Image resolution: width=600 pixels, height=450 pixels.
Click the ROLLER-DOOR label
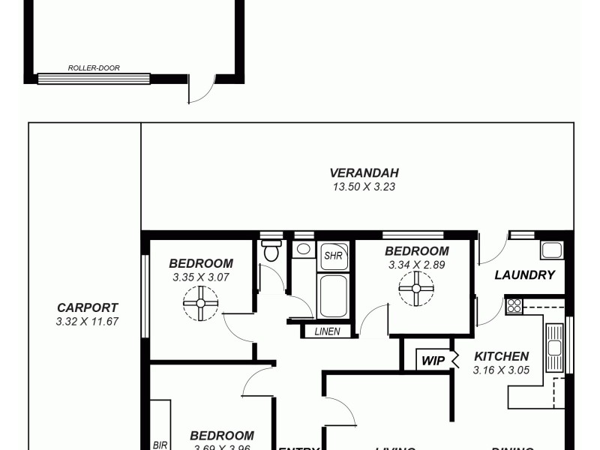[94, 67]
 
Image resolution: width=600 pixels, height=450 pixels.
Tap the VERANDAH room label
[364, 172]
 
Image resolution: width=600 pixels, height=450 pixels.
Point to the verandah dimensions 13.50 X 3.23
[364, 187]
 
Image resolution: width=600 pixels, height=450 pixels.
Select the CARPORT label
[87, 307]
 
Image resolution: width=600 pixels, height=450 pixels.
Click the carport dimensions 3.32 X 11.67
[87, 321]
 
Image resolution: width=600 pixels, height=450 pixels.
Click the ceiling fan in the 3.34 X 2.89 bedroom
[416, 287]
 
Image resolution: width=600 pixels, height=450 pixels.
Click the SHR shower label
[333, 256]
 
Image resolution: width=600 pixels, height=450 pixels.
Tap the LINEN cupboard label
[328, 331]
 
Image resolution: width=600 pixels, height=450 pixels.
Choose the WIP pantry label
[433, 361]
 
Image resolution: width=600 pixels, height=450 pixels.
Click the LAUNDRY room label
[524, 275]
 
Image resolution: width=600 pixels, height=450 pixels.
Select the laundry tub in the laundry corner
[553, 250]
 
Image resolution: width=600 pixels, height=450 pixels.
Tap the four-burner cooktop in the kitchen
[514, 305]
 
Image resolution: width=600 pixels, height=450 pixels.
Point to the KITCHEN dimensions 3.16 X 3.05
[501, 370]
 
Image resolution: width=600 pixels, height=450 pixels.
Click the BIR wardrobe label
[160, 444]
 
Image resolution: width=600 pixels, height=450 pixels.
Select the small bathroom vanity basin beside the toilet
[304, 250]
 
